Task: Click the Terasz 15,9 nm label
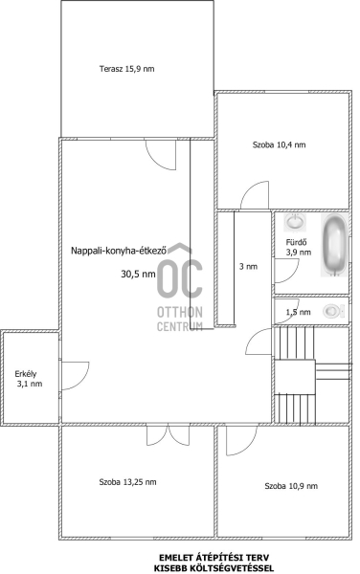click(126, 69)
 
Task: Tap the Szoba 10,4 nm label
click(279, 144)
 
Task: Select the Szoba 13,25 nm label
click(127, 482)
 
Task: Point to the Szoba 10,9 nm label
click(291, 486)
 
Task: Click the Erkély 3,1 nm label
click(29, 379)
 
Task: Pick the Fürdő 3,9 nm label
click(298, 247)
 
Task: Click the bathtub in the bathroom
click(334, 245)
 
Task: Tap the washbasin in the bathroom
click(295, 222)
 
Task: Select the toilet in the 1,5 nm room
click(334, 312)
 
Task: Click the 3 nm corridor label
click(248, 267)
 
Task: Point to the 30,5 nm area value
click(138, 274)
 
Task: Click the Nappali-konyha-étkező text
click(119, 251)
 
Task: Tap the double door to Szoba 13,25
click(169, 435)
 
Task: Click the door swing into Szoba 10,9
click(241, 440)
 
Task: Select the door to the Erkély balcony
click(75, 376)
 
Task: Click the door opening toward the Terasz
click(161, 155)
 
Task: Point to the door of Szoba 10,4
click(255, 195)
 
